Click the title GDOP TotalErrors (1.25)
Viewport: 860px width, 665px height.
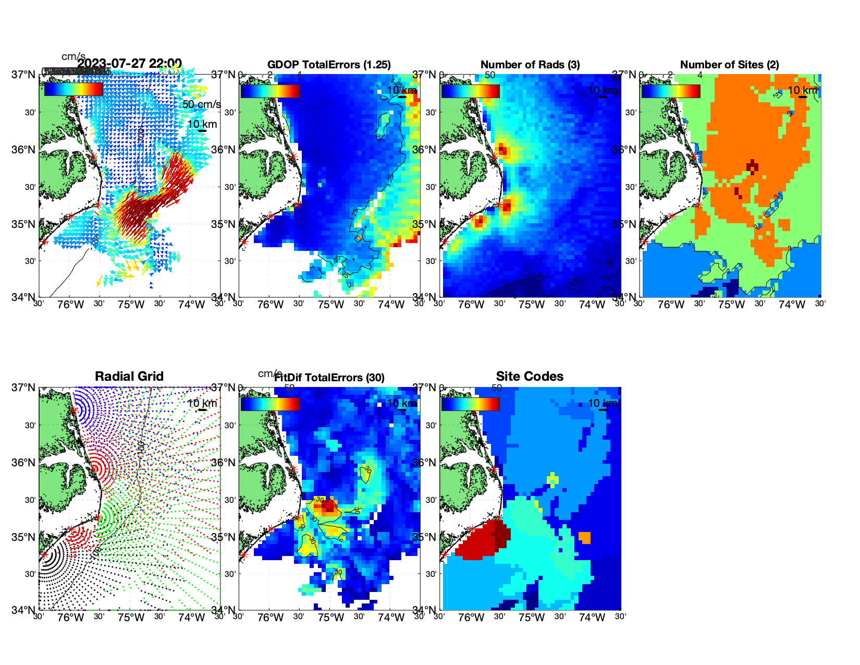(x=329, y=65)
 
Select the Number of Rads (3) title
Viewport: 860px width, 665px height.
(x=530, y=65)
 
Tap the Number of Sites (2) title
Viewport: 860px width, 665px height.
(x=729, y=65)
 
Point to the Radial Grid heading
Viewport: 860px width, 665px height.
(x=129, y=377)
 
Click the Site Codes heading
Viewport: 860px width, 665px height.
(x=530, y=377)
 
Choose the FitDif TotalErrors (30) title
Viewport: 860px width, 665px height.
(x=329, y=378)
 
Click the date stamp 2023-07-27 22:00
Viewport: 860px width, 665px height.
(x=129, y=64)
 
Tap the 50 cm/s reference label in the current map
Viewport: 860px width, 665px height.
(x=201, y=104)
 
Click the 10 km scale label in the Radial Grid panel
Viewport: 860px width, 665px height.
(x=202, y=403)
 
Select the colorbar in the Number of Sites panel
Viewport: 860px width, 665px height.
(x=671, y=91)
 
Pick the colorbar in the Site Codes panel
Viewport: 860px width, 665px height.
(x=470, y=404)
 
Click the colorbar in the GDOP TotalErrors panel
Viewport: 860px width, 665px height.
(x=270, y=91)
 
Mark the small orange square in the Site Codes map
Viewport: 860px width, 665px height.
(x=584, y=537)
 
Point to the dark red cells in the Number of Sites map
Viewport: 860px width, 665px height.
(x=752, y=166)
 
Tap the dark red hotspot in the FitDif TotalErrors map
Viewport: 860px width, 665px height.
(x=328, y=505)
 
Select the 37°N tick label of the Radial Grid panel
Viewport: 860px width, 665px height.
(x=24, y=388)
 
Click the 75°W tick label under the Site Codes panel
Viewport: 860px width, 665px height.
(x=531, y=618)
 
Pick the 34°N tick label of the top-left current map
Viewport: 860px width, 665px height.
(x=24, y=297)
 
